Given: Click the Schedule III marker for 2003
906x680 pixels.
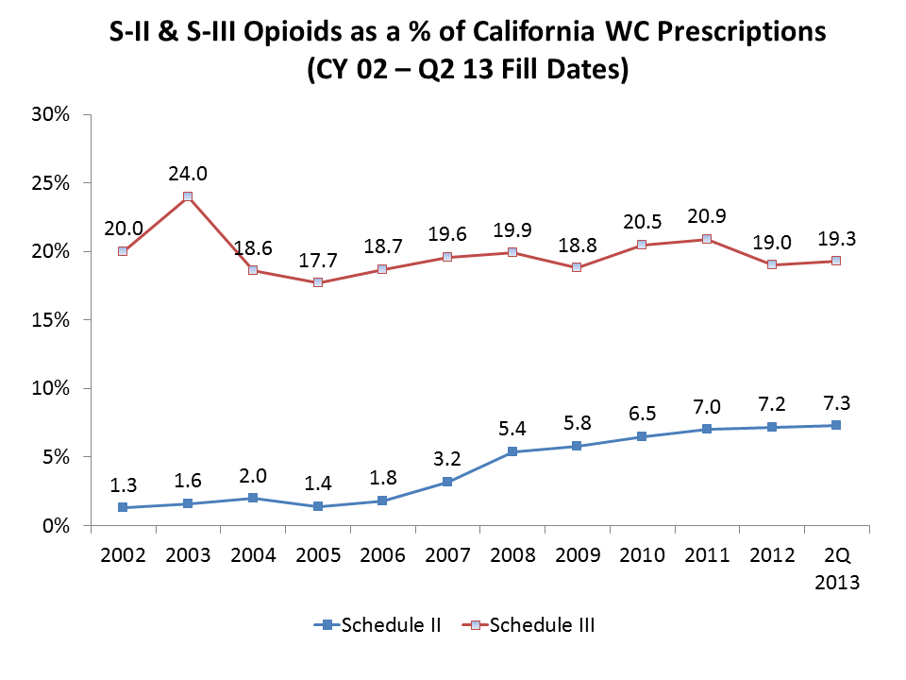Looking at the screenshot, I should point(188,196).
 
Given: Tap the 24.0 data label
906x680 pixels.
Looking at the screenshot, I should point(188,173).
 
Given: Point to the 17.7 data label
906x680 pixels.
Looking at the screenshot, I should point(318,259).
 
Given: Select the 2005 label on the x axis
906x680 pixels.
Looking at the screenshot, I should point(318,554).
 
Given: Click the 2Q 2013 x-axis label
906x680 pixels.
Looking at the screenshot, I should point(836,568).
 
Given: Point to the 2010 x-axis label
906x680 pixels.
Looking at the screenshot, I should point(642,554).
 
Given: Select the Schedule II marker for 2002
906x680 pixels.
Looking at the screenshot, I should point(123,507).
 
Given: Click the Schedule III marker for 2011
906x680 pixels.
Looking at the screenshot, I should point(707,239).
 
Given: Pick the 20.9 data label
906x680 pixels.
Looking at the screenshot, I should point(707,215).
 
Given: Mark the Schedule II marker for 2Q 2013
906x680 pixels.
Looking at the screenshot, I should point(836,425).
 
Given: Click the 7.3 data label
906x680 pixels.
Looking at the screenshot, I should point(836,401).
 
